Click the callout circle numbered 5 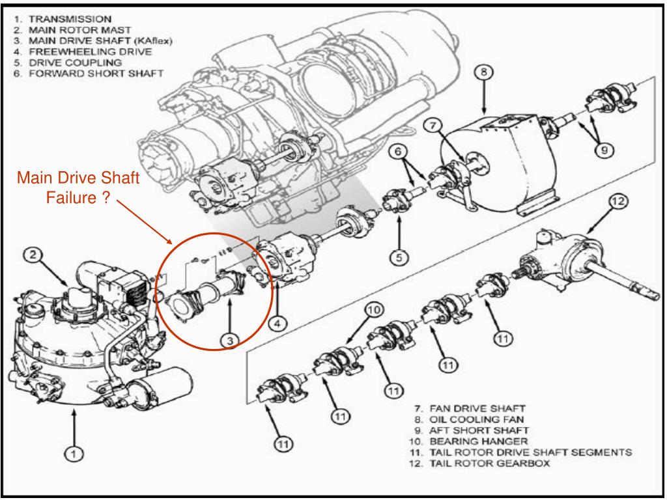tap(402, 256)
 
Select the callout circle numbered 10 tap(371, 312)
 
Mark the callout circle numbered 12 tap(617, 203)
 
